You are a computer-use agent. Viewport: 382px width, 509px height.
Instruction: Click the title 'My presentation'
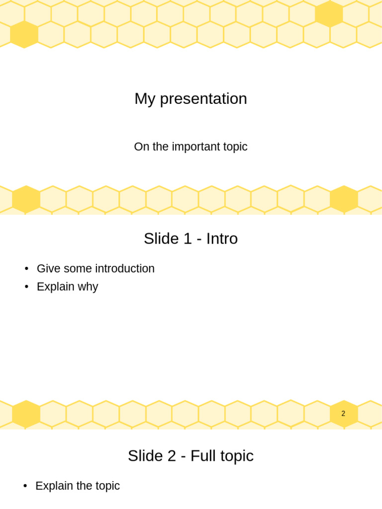click(191, 98)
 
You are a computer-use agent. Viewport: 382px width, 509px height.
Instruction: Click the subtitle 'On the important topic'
click(191, 147)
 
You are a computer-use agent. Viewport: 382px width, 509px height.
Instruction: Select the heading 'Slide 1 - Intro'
click(191, 239)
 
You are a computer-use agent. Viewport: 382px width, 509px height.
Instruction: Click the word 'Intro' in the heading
click(222, 239)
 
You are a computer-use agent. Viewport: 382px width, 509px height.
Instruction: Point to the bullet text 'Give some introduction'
click(95, 268)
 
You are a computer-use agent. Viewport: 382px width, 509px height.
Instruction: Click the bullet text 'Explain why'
click(67, 287)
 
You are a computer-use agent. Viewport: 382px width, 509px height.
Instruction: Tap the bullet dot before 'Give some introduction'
click(26, 269)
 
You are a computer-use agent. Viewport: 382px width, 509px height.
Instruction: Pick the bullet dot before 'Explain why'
click(26, 287)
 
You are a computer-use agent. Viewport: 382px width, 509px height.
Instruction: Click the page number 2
click(343, 414)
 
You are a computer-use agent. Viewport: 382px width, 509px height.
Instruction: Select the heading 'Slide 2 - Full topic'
click(191, 456)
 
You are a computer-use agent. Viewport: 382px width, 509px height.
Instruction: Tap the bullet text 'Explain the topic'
click(78, 486)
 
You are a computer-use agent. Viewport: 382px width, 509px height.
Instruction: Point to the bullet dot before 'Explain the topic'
click(25, 486)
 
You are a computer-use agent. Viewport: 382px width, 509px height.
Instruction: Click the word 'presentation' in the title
click(203, 98)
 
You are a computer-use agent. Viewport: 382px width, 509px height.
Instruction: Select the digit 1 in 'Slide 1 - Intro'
click(188, 239)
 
